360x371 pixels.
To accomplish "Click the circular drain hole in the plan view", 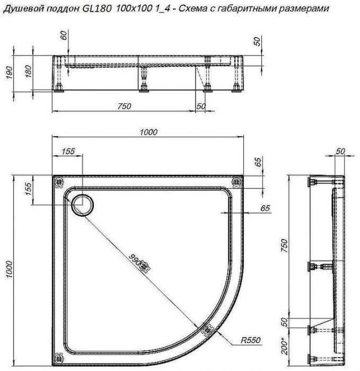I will point(83,203).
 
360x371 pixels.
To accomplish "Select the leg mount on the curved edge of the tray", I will point(208,329).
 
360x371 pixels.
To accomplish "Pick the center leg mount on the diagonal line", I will point(143,268).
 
